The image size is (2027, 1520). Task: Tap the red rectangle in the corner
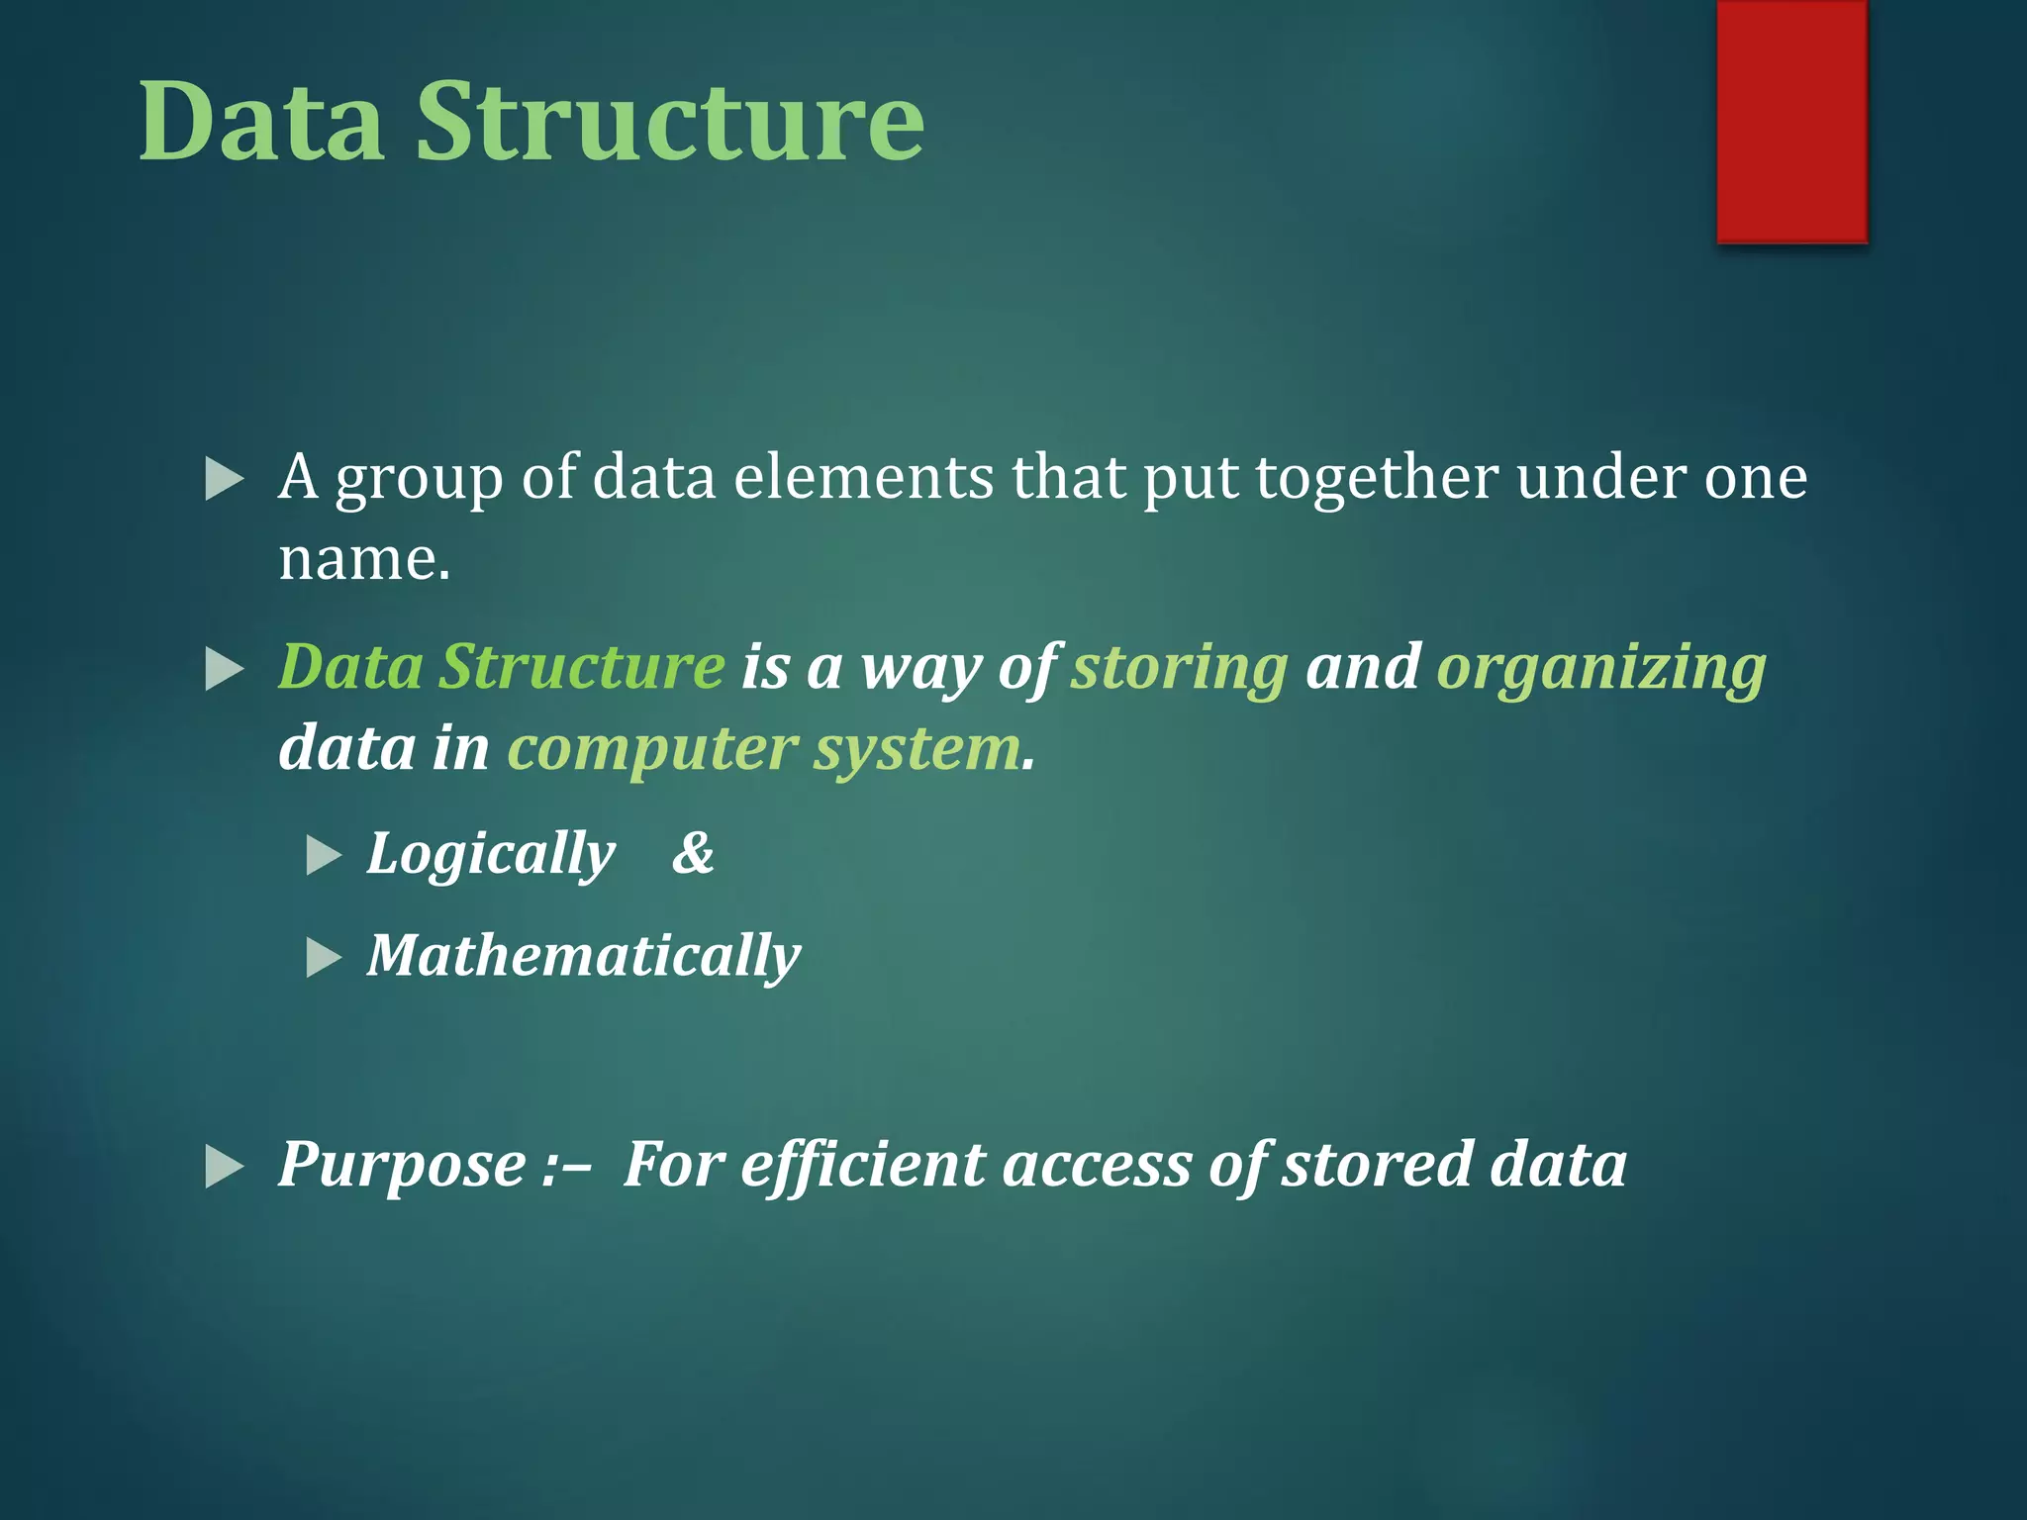(1791, 121)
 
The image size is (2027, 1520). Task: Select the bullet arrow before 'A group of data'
(225, 480)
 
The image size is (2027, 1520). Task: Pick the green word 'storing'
(1180, 669)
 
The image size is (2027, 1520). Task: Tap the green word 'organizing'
(1600, 669)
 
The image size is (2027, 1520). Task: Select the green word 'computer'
(652, 749)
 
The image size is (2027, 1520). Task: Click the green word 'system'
(917, 749)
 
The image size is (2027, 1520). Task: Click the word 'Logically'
(491, 854)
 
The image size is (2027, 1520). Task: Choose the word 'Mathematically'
(584, 957)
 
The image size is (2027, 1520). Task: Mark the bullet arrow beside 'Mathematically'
(324, 958)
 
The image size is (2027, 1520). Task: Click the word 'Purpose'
(402, 1165)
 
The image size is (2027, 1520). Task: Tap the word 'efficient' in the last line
(862, 1165)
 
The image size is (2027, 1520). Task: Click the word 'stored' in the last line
(1377, 1165)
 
